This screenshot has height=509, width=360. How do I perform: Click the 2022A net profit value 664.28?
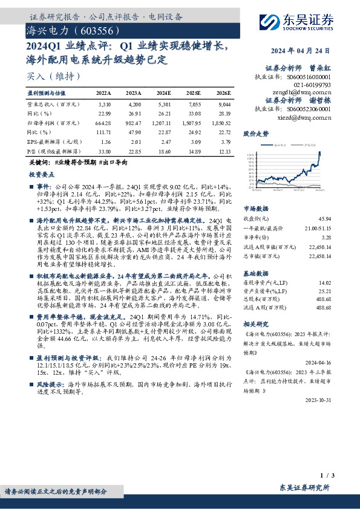tap(103, 123)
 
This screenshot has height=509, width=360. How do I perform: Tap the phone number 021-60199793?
tap(310, 85)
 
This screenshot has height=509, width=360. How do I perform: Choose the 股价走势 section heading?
tap(255, 132)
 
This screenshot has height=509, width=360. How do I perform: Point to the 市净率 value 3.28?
tap(326, 238)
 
